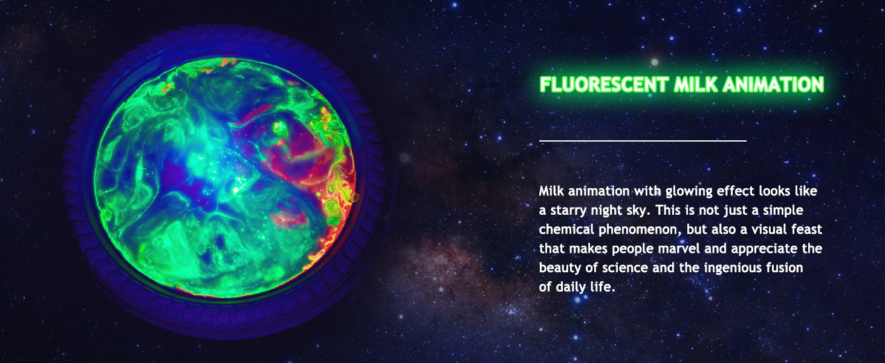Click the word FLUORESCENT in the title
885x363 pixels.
pos(604,85)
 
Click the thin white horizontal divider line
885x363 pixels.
pos(643,140)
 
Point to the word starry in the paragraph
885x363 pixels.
pos(568,211)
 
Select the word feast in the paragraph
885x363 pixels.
pos(807,229)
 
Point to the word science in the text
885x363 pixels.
pos(624,267)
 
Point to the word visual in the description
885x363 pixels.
pos(770,229)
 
